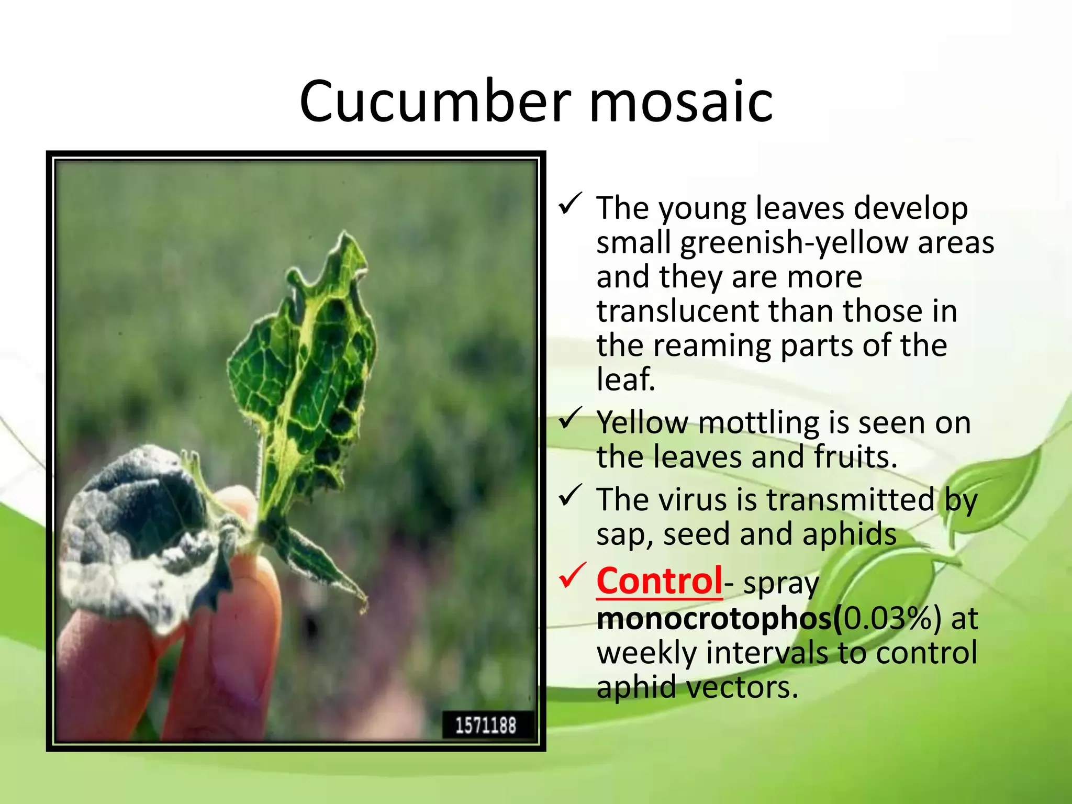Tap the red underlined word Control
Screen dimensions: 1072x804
tap(660, 581)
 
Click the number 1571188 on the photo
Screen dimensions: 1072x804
tap(486, 725)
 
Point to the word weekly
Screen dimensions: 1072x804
tap(646, 653)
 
